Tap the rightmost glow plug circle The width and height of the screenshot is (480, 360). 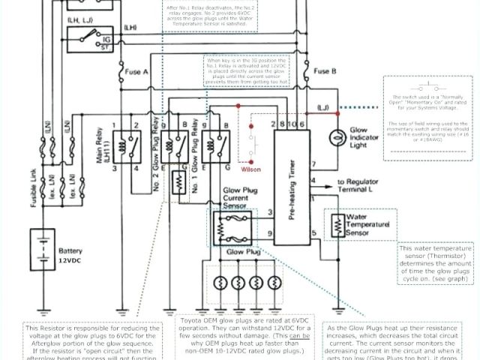coord(272,283)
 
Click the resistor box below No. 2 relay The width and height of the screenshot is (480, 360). coord(179,181)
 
